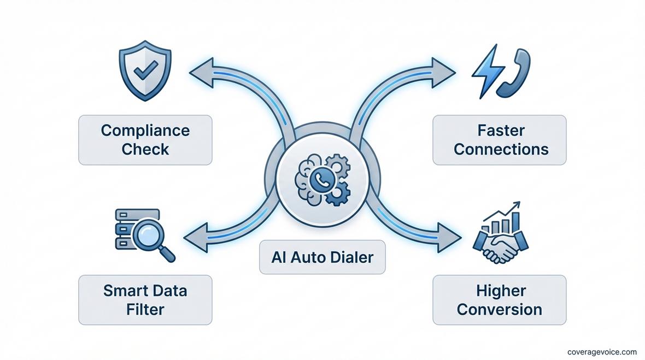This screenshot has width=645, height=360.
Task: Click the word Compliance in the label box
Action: coord(145,131)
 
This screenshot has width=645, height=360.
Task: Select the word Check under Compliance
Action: coord(145,149)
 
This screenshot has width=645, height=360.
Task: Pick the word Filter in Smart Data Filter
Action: coord(145,309)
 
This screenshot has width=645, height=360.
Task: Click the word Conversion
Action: coord(499,309)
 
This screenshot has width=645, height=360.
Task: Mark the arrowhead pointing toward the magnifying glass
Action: coord(195,237)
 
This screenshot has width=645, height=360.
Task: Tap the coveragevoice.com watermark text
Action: coord(602,351)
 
